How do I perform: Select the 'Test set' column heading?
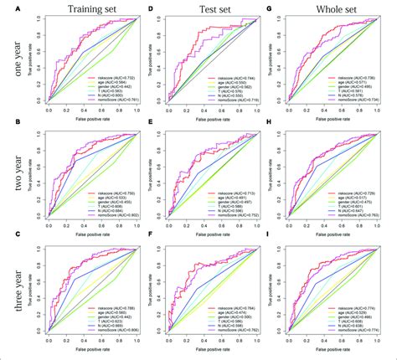coord(210,12)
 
